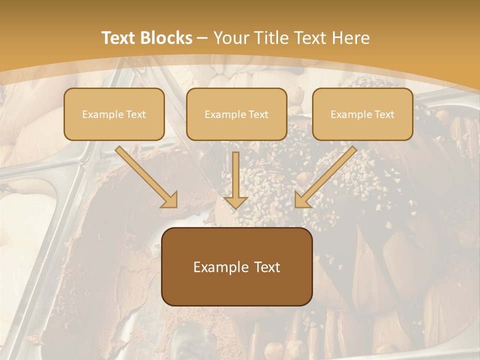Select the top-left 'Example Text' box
[114, 114]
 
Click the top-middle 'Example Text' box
[236, 114]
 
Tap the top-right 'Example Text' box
[362, 114]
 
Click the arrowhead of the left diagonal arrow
[169, 200]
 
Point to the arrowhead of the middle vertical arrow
[236, 202]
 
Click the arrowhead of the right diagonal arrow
[302, 200]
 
